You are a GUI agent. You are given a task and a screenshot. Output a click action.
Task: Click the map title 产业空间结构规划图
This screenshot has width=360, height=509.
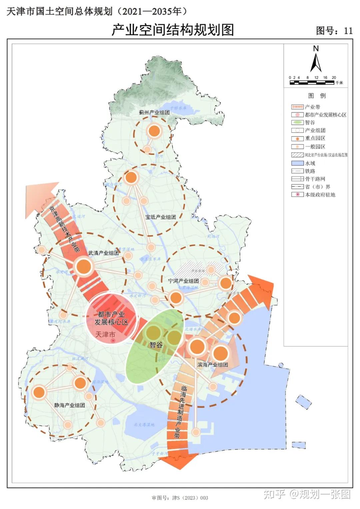[x=172, y=30]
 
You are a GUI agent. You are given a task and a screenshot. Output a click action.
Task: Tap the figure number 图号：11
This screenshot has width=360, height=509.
[x=334, y=31]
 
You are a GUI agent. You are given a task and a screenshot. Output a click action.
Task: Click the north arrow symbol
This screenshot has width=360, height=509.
[x=316, y=60]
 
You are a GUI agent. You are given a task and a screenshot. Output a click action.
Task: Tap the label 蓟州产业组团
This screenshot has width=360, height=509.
[x=154, y=112]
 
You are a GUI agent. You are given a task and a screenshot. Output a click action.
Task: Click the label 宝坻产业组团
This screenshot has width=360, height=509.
[x=160, y=217]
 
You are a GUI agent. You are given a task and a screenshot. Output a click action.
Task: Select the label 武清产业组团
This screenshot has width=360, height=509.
[x=103, y=253]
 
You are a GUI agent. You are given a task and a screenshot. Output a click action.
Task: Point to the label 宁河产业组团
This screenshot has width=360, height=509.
[x=183, y=281]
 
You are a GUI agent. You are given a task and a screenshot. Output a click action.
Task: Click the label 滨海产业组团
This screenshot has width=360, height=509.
[x=212, y=365]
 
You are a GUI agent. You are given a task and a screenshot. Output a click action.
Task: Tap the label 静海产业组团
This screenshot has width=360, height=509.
[x=69, y=405]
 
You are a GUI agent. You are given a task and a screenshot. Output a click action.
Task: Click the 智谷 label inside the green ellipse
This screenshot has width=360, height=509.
[x=156, y=345]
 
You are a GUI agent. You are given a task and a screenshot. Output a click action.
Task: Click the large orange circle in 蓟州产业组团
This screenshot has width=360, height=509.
[x=154, y=131]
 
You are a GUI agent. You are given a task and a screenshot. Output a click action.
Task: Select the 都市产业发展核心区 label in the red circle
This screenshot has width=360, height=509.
[x=111, y=318]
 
